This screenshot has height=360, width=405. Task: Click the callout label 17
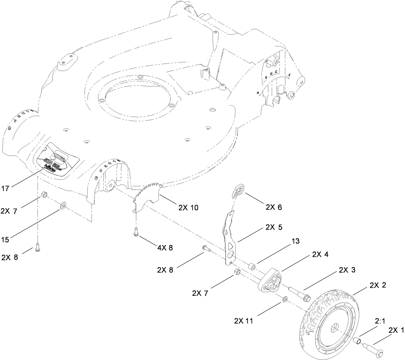pyautogui.click(x=5, y=189)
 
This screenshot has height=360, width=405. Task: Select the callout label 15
pyautogui.click(x=5, y=240)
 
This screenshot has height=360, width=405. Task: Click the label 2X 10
pyautogui.click(x=189, y=208)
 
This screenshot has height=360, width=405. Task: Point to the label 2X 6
pyautogui.click(x=273, y=207)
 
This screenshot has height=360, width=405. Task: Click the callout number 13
pyautogui.click(x=296, y=241)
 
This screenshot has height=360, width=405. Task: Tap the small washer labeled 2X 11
pyautogui.click(x=285, y=298)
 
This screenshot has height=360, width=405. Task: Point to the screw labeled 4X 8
pyautogui.click(x=135, y=232)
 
